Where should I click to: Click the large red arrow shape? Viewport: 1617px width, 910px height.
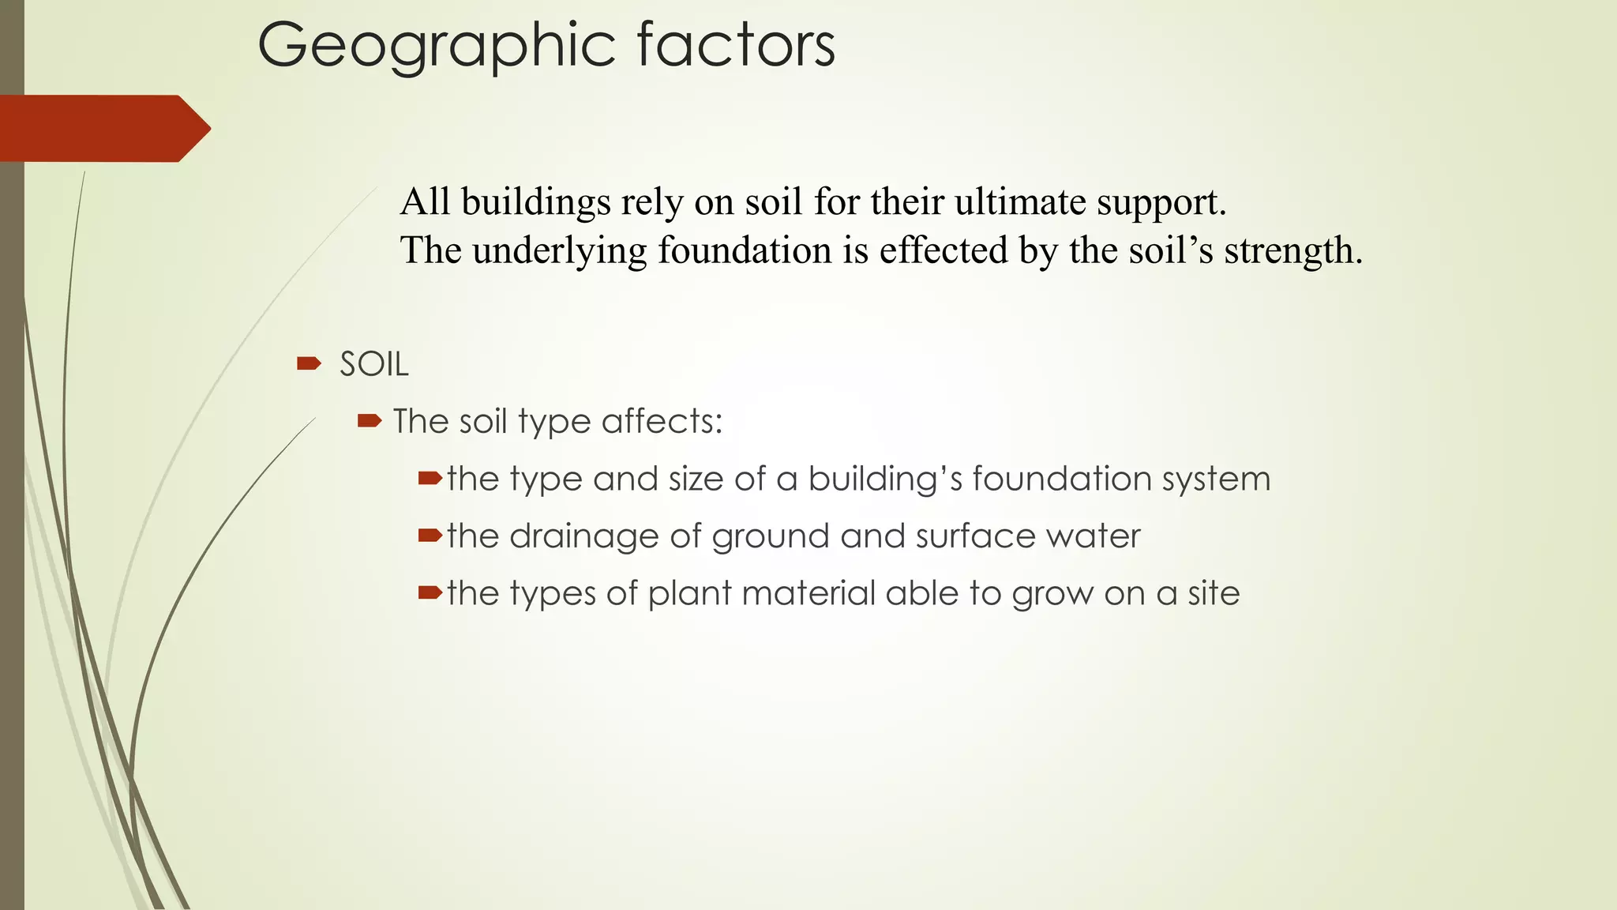click(x=103, y=129)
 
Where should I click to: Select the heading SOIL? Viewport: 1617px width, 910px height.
click(x=374, y=365)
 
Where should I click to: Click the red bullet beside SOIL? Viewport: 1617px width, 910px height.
click(x=309, y=363)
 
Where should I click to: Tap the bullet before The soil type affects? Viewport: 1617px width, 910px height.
click(x=370, y=421)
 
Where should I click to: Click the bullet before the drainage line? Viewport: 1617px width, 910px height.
click(x=430, y=536)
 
